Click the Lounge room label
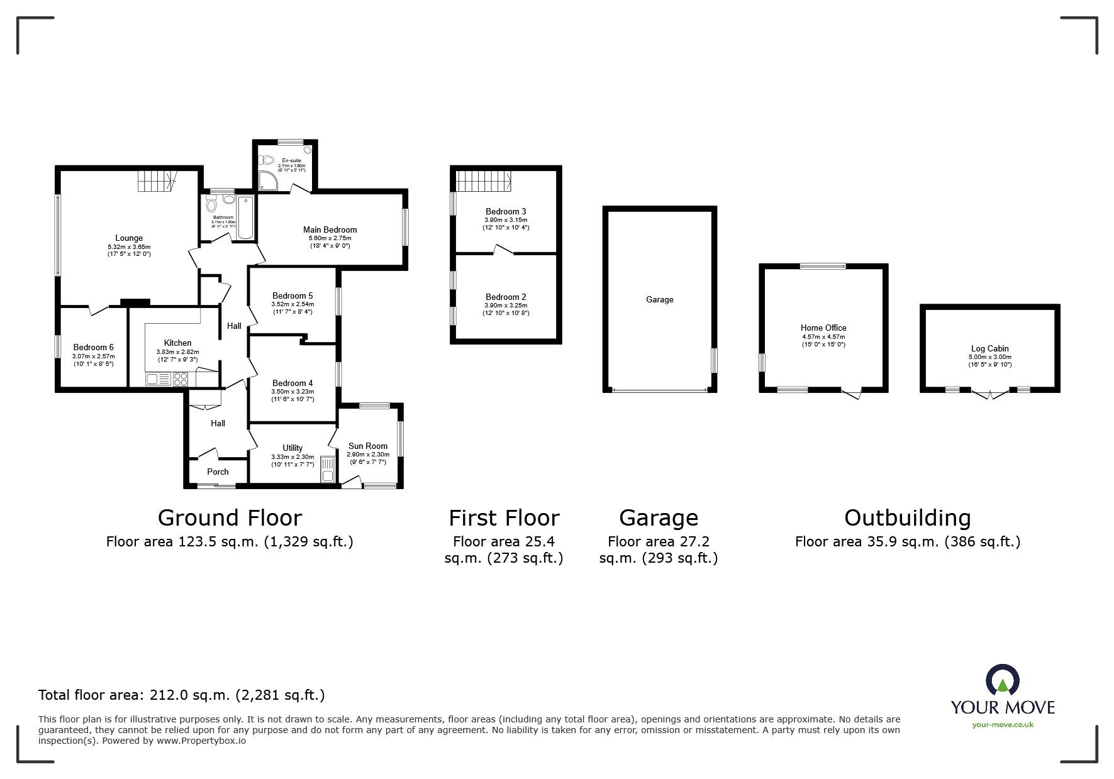tap(129, 238)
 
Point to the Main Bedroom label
tap(330, 230)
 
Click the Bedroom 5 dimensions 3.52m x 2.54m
tap(292, 304)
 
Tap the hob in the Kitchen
tap(180, 379)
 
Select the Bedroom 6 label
tap(94, 348)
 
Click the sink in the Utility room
tap(327, 469)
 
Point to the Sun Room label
tap(368, 446)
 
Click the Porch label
tap(218, 472)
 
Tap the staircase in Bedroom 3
tap(482, 181)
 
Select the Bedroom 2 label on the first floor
tap(506, 297)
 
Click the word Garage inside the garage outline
tap(659, 300)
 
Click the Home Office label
tap(823, 328)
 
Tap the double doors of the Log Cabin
tap(990, 395)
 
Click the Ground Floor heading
tap(230, 518)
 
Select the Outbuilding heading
tap(907, 518)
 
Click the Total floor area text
tap(181, 695)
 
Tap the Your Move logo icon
tap(1002, 681)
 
